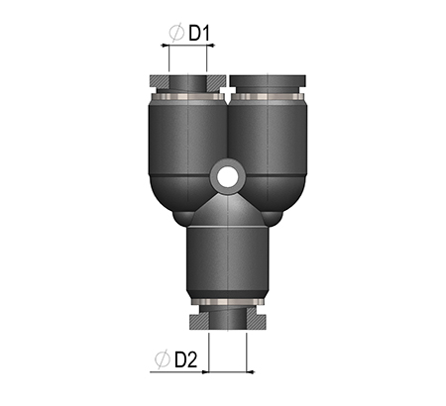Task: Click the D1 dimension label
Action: coord(199,33)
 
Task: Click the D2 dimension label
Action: coord(185,359)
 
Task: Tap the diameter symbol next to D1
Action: coord(176,33)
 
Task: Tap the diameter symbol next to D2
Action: coord(163,359)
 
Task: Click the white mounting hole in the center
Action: coord(228,176)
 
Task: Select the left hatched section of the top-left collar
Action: coord(160,81)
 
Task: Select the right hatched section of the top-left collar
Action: coord(216,81)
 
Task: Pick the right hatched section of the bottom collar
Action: coord(257,320)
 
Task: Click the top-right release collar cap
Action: coord(268,80)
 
